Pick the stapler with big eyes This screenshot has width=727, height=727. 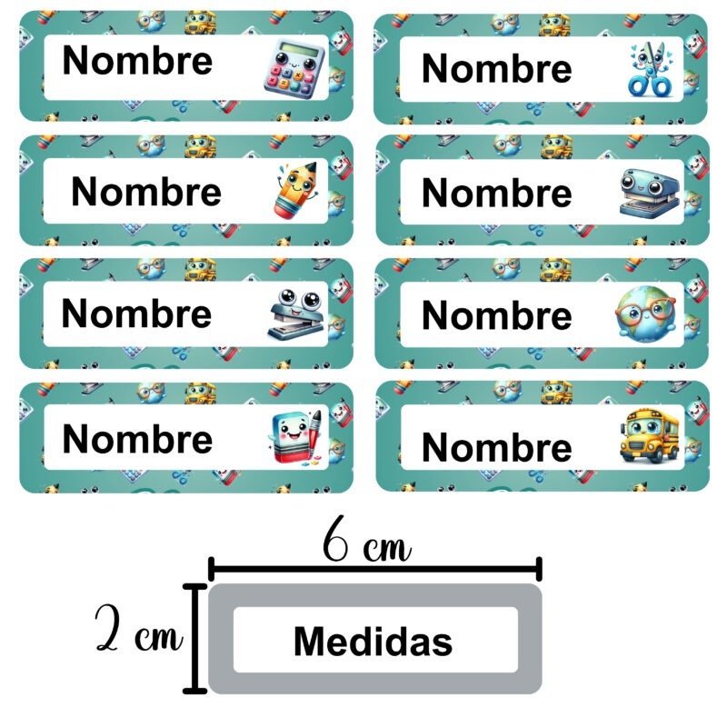tap(293, 314)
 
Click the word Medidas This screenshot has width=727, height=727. tap(373, 642)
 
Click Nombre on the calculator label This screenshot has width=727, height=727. tap(137, 61)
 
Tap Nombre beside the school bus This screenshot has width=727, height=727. tap(496, 446)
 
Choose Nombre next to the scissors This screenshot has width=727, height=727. tap(496, 68)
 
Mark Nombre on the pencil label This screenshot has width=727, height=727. tap(146, 192)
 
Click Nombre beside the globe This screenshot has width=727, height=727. tap(496, 315)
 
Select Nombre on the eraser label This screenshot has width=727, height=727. tap(137, 439)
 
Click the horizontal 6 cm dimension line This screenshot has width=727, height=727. tap(375, 570)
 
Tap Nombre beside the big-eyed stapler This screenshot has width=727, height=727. tap(136, 314)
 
